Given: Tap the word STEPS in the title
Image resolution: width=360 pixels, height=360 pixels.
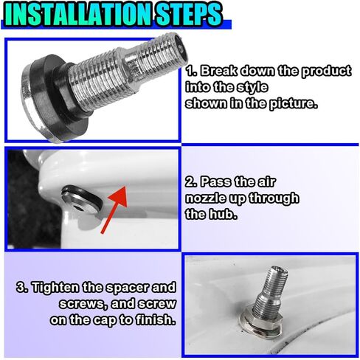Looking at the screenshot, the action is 189,14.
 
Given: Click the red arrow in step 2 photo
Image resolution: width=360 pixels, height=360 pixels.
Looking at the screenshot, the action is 114,210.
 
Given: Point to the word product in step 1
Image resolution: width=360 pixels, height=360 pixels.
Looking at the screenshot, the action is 326,72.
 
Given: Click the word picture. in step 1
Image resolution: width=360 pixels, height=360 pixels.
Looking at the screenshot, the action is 293,103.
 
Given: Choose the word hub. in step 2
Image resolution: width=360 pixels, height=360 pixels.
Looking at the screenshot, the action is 223,214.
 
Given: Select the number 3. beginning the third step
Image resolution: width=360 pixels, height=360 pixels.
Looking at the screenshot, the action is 23,288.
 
